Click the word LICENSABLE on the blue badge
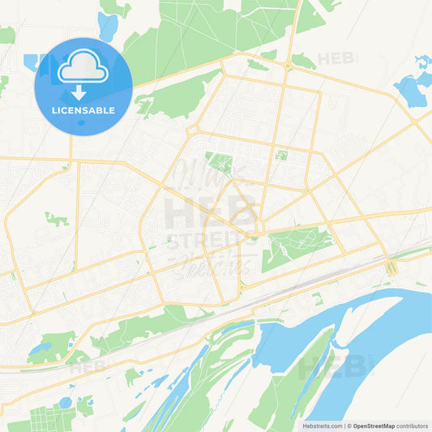pos(83,109)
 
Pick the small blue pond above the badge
pos(107,27)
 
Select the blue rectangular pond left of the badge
pos(31,62)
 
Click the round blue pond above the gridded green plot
pos(66,402)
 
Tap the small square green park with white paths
pos(281,154)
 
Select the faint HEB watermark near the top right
pos(334,58)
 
